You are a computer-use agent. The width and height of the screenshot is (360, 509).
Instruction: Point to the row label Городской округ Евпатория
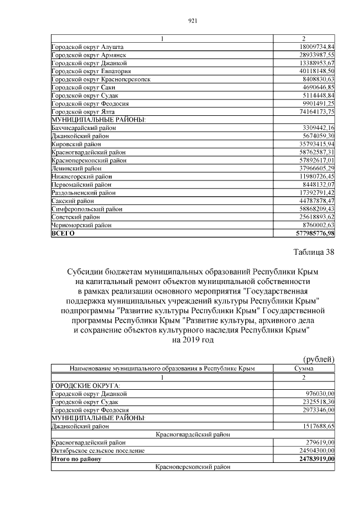[x=91, y=71]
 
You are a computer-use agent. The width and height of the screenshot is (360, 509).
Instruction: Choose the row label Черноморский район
[x=82, y=225]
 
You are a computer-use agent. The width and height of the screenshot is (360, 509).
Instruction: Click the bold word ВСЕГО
[x=62, y=233]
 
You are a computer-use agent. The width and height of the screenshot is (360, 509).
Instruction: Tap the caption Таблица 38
[x=313, y=251]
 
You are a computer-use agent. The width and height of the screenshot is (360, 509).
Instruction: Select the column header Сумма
[x=304, y=368]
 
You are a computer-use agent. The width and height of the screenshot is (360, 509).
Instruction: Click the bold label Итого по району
[x=76, y=459]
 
